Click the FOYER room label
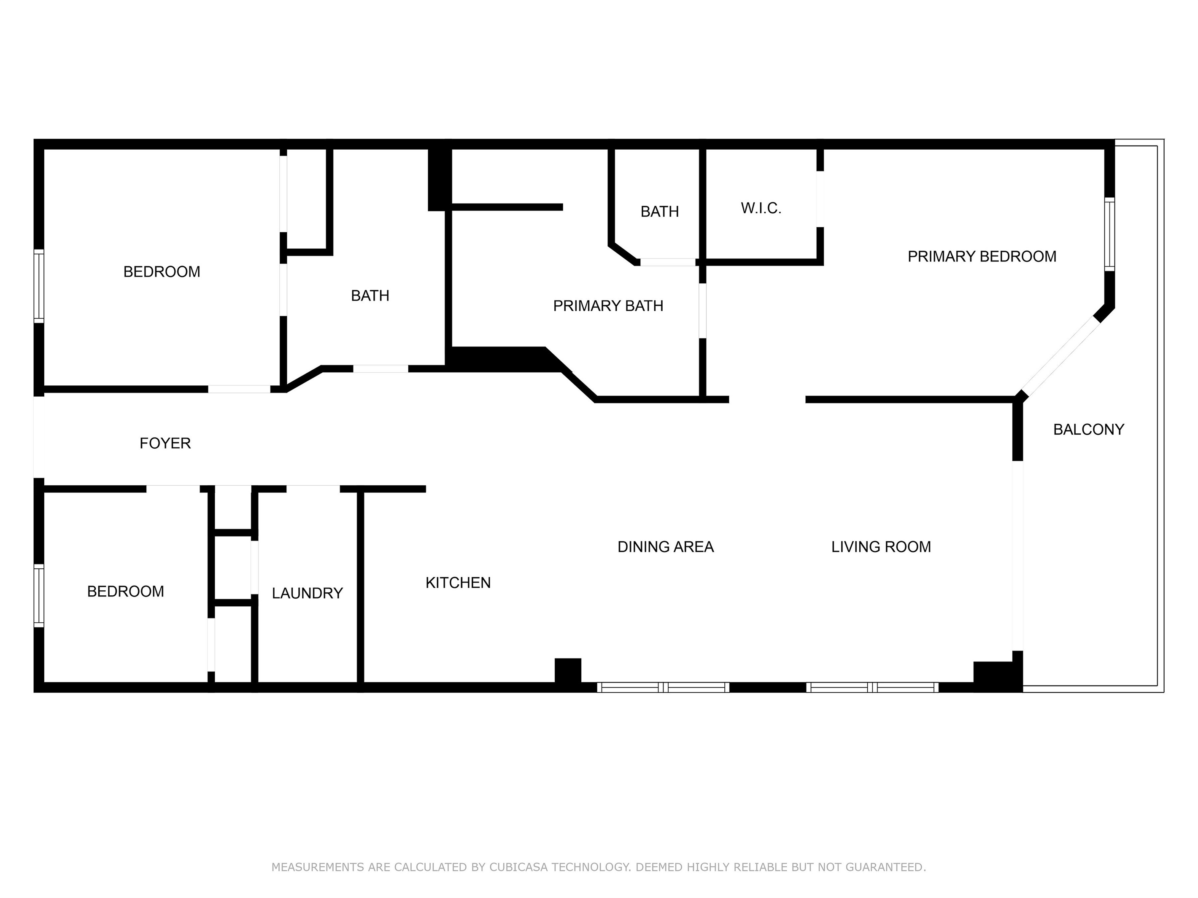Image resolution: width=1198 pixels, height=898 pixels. (165, 444)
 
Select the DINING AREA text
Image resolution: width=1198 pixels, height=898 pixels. (666, 547)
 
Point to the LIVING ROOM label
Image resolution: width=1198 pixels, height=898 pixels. (881, 547)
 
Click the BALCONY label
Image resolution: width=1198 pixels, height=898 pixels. (1089, 429)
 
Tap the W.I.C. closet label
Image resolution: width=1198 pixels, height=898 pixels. (761, 208)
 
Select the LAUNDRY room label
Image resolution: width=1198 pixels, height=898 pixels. (307, 593)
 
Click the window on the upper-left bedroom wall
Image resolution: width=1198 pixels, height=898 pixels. (38, 286)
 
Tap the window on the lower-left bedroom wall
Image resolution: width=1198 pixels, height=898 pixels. (38, 595)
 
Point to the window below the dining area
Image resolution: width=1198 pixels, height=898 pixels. (663, 688)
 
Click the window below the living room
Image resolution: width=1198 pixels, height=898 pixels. (872, 688)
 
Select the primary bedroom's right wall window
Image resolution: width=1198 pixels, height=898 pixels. (1109, 234)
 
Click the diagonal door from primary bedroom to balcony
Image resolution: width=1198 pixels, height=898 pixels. (1060, 356)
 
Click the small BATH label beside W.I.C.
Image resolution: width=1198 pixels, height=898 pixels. (660, 212)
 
